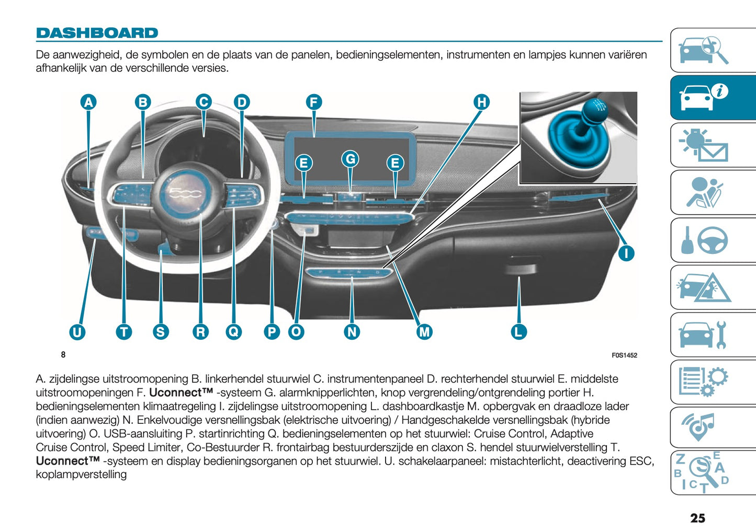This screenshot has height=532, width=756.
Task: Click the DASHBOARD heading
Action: pos(97,33)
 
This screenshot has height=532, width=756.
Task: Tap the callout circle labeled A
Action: pos(88,102)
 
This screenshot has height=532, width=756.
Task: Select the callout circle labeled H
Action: pos(481,102)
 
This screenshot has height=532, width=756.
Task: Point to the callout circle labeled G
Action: pos(351,159)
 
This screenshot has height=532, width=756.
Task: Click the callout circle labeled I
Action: pos(626,253)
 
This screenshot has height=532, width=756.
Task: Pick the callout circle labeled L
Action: pos(518,331)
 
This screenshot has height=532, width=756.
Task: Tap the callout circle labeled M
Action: pos(424,331)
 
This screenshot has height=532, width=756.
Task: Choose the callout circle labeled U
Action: pos(77,332)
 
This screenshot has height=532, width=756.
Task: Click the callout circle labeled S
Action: pos(161,332)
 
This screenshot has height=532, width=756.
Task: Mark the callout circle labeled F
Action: pos(313,102)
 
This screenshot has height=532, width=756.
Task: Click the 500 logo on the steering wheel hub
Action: pos(186,194)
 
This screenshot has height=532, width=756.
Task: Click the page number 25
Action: pos(697,518)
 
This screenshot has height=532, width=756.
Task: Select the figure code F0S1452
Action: pos(624,355)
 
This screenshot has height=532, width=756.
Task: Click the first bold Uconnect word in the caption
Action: pos(181,392)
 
